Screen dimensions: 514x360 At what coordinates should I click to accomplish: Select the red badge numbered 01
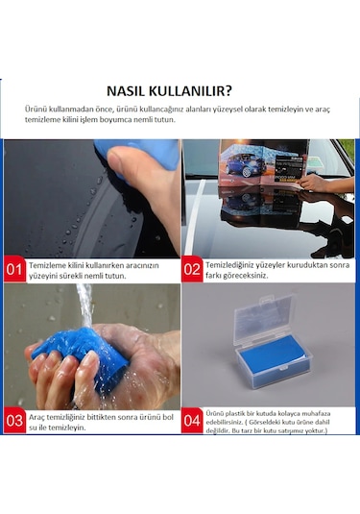(14, 270)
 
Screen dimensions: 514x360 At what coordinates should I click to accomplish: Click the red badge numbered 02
(192, 270)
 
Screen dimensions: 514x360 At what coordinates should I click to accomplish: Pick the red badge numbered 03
(14, 420)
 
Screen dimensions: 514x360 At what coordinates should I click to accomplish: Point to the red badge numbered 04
(192, 420)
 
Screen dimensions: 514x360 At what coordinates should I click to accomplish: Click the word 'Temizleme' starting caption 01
(48, 263)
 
